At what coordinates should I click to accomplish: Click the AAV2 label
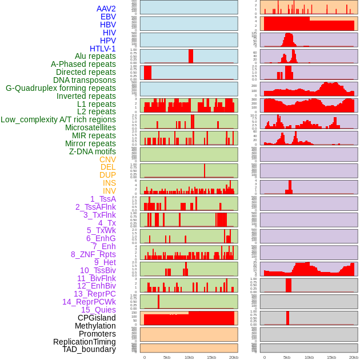106,9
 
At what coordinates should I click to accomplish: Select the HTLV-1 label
102,49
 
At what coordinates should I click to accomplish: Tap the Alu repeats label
95,57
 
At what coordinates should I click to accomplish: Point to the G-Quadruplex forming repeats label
61,88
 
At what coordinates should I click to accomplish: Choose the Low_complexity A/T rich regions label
58,119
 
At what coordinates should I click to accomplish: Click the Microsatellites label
90,127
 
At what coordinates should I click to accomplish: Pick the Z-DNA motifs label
93,151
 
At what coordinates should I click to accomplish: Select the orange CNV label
107,159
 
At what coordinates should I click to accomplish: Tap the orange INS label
109,183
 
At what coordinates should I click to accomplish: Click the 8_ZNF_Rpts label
93,254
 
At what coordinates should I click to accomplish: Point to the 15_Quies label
98,310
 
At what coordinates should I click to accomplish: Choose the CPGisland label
97,318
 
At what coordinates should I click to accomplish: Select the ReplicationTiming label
85,342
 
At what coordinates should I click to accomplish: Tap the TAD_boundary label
89,349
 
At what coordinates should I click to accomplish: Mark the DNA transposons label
85,80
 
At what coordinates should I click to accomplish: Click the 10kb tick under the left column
189,357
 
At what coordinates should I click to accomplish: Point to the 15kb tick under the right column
331,357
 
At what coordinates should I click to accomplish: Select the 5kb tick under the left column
167,357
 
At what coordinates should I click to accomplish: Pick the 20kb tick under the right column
354,357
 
